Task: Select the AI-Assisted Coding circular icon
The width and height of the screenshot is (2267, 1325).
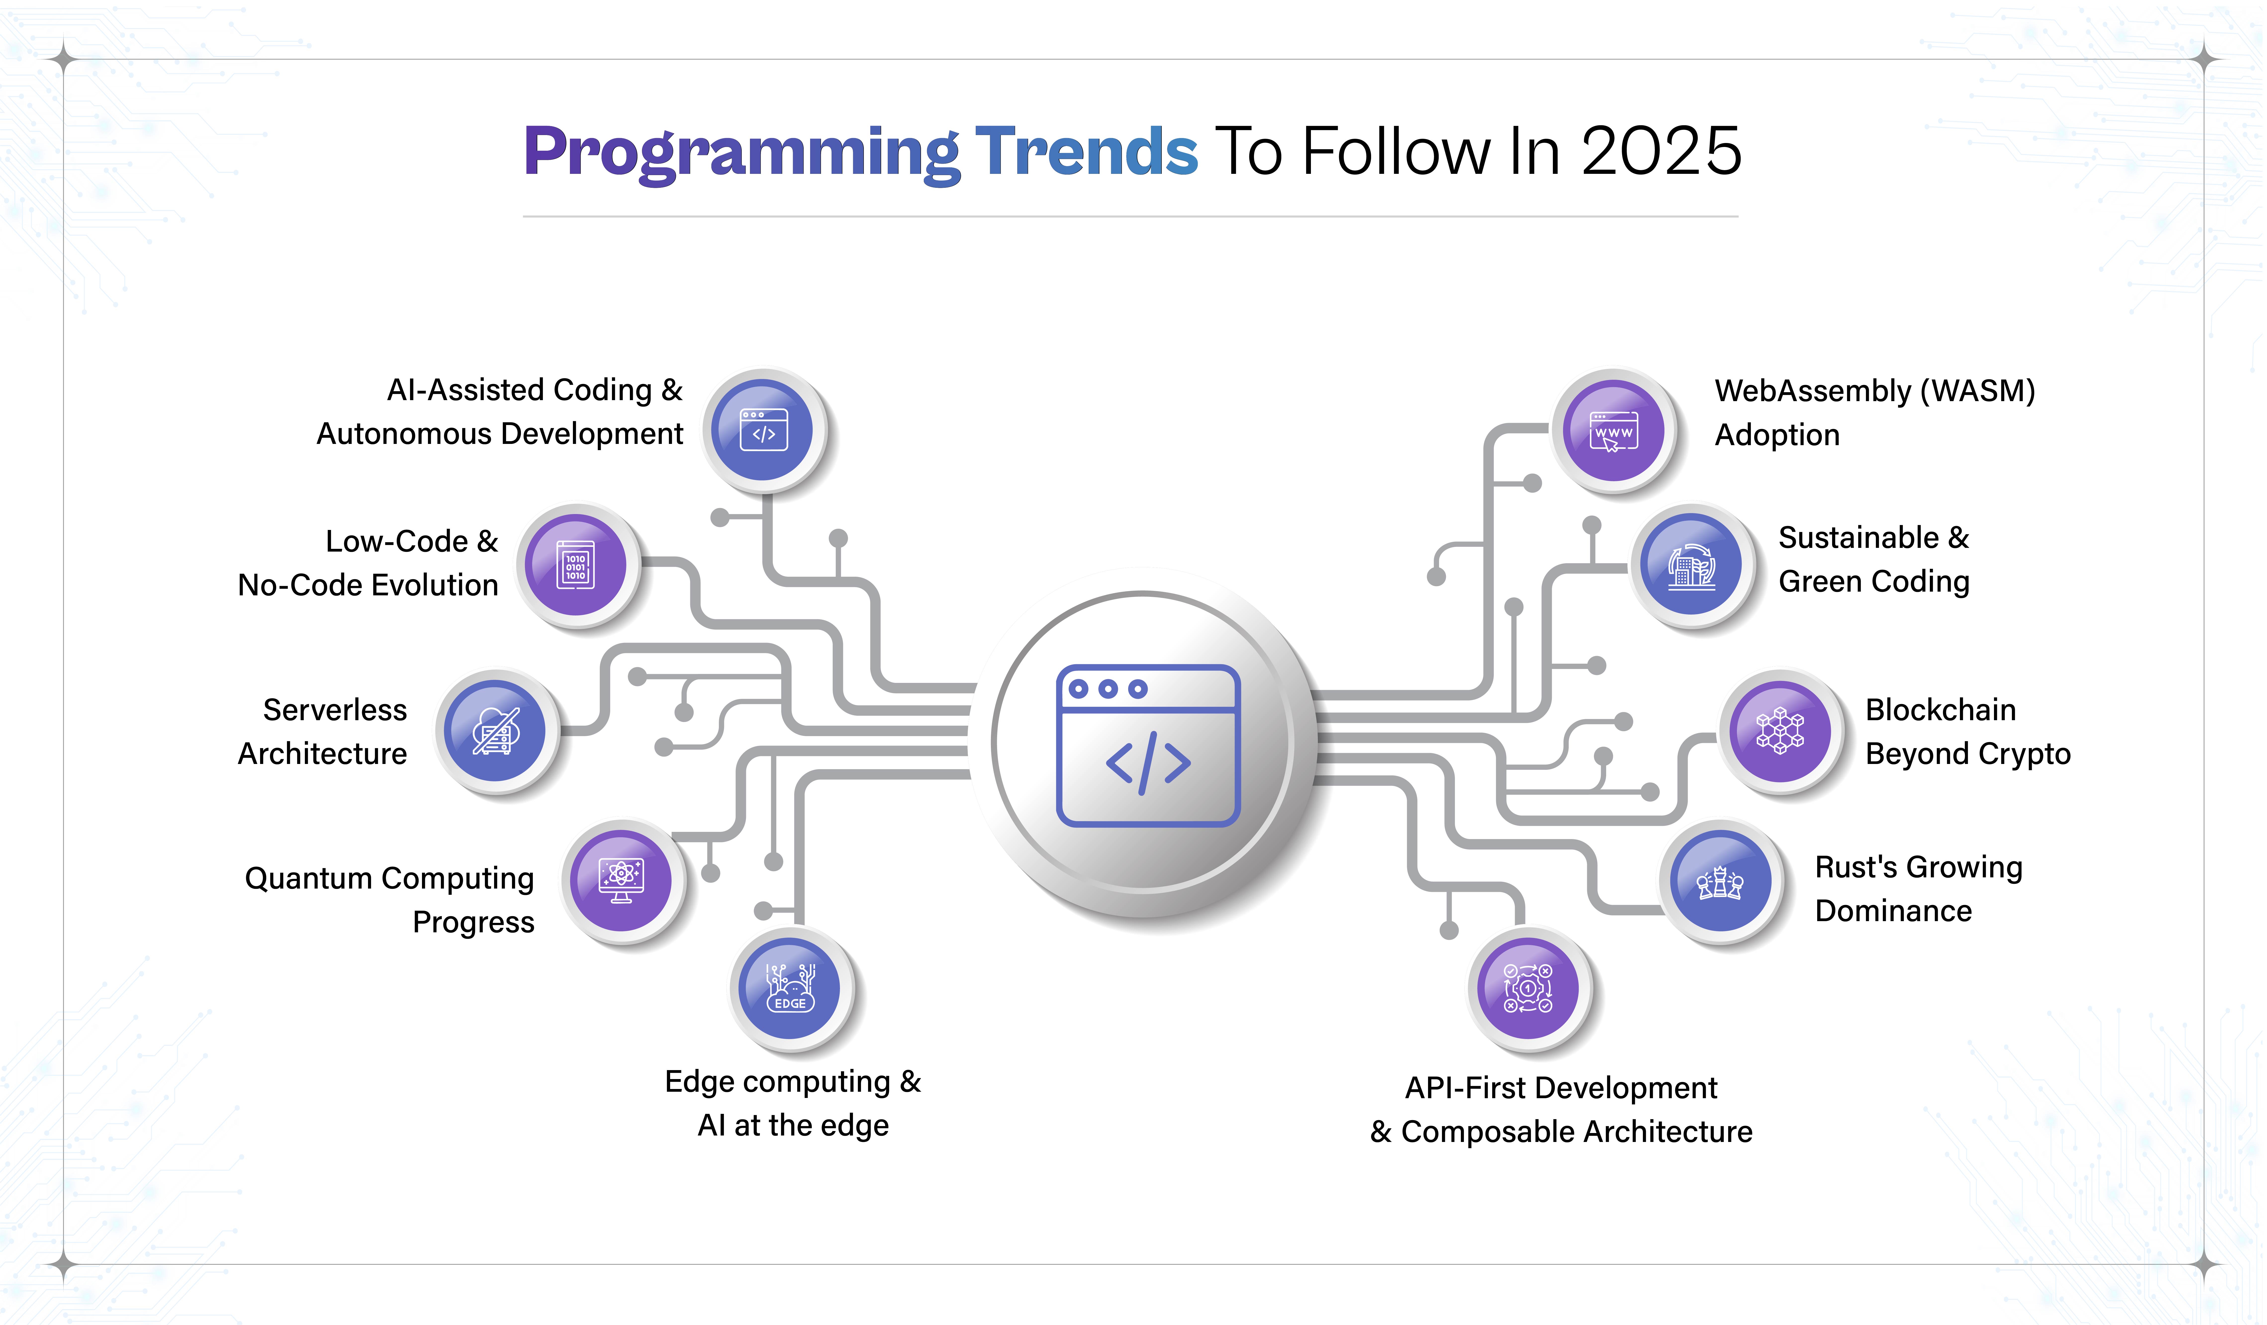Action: [763, 430]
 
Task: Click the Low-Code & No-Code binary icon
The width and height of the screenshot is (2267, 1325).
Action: [576, 565]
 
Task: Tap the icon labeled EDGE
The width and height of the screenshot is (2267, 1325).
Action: [790, 988]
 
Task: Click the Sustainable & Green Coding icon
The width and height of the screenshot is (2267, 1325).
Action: [1691, 565]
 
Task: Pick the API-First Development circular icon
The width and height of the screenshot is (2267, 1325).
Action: [1527, 988]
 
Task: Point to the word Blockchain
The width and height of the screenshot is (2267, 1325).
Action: [1941, 710]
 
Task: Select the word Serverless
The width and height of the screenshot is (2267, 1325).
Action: [335, 710]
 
